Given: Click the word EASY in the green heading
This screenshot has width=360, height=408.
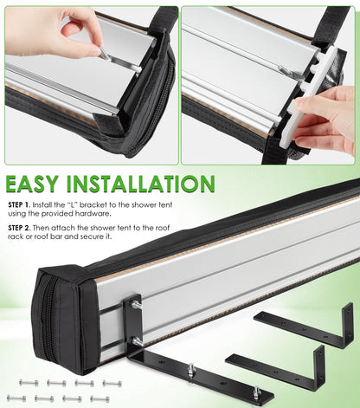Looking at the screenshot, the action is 32,184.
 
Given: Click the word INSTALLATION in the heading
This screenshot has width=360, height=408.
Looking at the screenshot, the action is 141,184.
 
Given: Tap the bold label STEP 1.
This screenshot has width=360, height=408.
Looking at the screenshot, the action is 19,205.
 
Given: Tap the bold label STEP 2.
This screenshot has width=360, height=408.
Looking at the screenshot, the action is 19,228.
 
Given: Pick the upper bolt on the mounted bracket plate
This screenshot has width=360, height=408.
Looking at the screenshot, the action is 136,305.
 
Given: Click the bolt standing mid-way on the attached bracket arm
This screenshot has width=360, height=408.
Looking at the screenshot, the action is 190,370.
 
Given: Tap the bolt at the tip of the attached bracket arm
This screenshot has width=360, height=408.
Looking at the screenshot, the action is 256,392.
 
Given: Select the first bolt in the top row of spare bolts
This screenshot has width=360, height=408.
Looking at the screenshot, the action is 29,383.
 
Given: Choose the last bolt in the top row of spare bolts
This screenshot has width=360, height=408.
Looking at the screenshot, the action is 112,384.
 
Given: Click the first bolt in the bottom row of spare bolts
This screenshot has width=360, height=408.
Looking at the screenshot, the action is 16,398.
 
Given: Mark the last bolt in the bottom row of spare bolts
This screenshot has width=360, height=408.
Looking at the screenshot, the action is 100,399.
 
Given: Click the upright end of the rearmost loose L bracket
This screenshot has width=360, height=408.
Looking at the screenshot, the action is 348,325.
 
